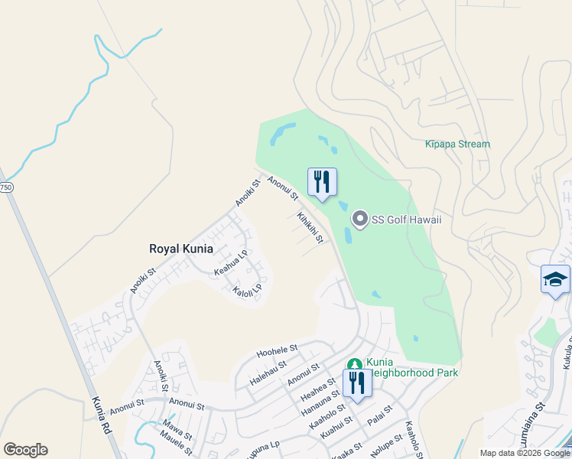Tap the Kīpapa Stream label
pos(457,144)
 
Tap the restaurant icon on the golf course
pos(322,182)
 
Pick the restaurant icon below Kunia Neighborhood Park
pos(357,382)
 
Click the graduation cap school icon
pos(555,279)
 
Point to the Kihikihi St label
pos(310,228)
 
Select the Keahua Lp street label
pos(231,262)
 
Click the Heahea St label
pos(319,389)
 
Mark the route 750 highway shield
pos(5,187)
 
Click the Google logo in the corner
pos(25,450)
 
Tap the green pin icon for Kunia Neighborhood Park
pos(353,366)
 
